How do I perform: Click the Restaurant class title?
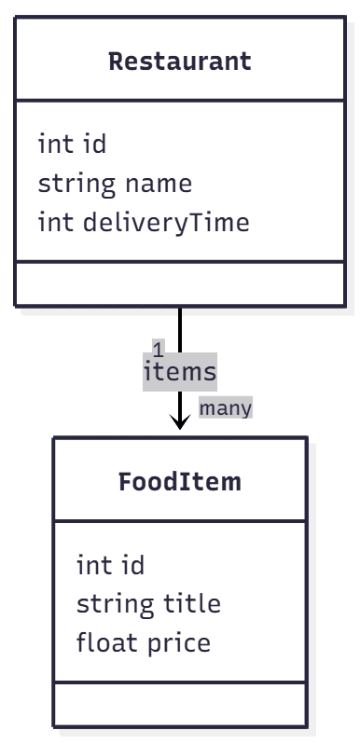coord(180,62)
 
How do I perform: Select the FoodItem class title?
coord(180,482)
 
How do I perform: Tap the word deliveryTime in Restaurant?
coord(166,223)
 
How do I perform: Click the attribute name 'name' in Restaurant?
coord(158,184)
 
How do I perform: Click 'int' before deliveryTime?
coord(56,223)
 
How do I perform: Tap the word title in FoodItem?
coord(192,604)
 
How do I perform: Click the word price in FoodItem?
coord(179,643)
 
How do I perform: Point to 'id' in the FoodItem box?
coord(132,565)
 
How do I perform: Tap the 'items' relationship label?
coord(179,372)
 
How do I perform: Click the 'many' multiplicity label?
coord(226,408)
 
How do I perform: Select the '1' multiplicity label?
coord(159,351)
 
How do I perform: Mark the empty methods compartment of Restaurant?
coord(180,283)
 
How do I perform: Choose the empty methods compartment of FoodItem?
coord(180,704)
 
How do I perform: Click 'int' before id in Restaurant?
coord(56,145)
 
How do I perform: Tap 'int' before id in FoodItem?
coord(94,565)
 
